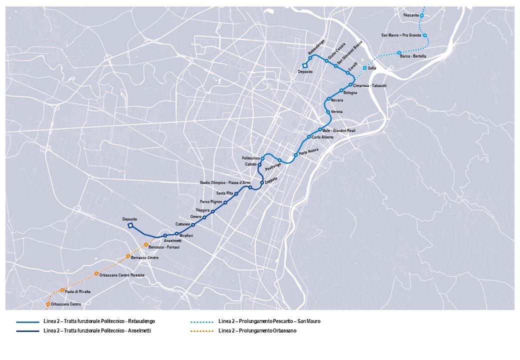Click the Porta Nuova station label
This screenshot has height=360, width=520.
pos(308,151)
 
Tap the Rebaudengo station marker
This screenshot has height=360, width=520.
pos(310,58)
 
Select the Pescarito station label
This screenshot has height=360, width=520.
pos(411,15)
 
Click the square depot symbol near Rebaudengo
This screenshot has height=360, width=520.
pos(304,65)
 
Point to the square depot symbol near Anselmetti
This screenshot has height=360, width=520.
pos(130,225)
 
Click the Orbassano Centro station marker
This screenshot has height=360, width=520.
pos(48,304)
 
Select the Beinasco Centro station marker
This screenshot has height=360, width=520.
pos(128,256)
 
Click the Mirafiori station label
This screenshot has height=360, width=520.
pos(186,235)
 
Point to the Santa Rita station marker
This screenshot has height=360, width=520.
pos(236,193)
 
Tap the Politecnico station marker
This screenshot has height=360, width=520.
pos(262,158)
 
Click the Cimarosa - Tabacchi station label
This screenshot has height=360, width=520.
pos(369,86)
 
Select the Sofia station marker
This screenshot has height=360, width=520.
pos(364,68)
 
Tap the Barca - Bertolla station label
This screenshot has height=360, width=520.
pos(413,56)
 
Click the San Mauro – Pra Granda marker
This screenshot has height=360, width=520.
pos(424,35)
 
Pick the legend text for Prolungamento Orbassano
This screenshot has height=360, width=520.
pos(257,330)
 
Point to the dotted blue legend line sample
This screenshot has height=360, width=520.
pos(202,321)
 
